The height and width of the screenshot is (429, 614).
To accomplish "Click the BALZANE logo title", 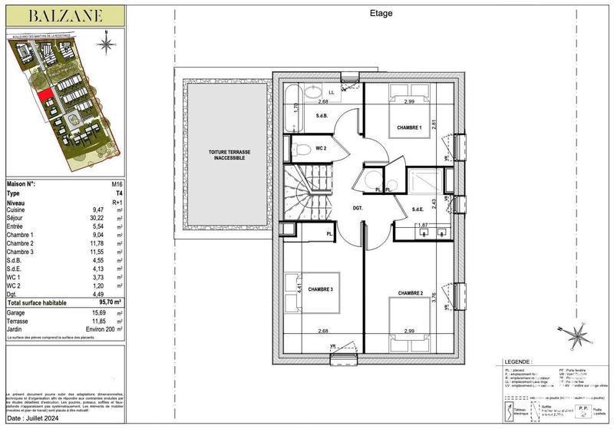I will (x=61, y=15).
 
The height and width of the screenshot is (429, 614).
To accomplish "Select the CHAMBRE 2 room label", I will (x=411, y=292).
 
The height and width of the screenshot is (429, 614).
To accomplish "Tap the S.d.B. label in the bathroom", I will (x=323, y=116).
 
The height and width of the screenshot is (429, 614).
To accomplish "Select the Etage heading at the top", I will (x=381, y=12).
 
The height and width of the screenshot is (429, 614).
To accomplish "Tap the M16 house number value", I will (x=107, y=185).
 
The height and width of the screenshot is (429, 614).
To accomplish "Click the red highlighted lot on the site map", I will (x=47, y=99).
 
